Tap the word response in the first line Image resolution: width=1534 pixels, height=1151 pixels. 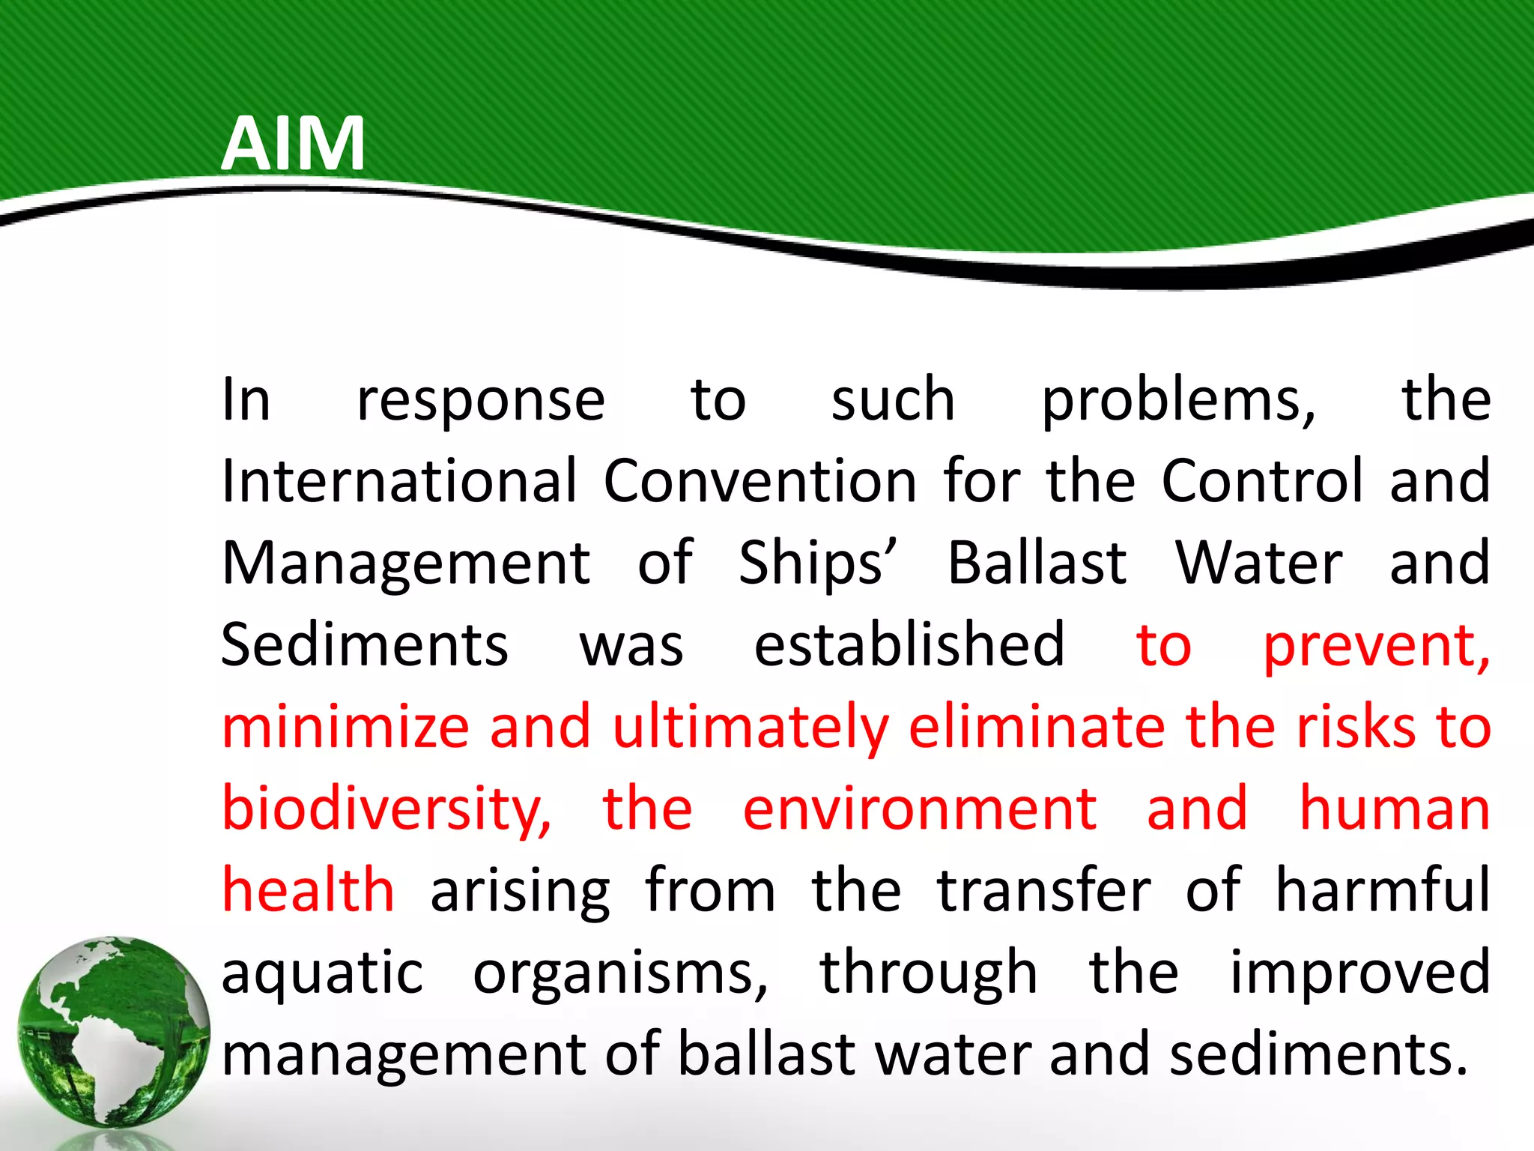click(481, 402)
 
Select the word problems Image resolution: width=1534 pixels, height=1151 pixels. click(1178, 402)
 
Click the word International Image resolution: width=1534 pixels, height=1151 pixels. click(400, 481)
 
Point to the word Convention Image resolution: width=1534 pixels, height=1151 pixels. click(760, 481)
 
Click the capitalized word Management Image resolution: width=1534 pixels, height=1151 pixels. click(406, 564)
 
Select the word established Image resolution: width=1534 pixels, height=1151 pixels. click(909, 645)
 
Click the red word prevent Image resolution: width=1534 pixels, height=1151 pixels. click(1376, 647)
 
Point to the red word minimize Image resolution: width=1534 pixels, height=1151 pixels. click(345, 727)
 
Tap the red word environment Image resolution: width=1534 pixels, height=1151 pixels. click(920, 809)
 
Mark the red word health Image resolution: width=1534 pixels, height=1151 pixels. click(309, 890)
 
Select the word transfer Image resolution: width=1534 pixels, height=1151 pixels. click(1044, 890)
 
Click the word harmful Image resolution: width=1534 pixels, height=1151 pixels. click(1383, 890)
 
